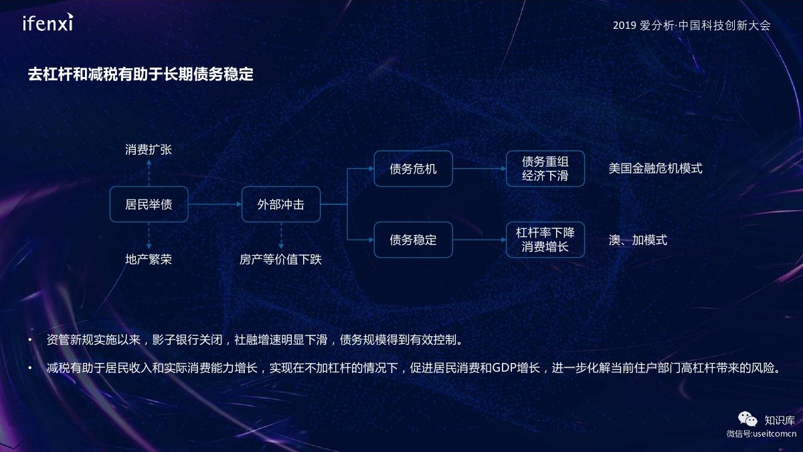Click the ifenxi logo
48,23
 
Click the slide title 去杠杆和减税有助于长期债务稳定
141,74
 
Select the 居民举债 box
149,204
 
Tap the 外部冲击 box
281,204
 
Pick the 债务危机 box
413,169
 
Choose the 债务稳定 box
413,240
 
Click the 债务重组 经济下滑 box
545,169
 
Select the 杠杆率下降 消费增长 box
545,240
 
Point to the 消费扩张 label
149,150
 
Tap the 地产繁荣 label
149,259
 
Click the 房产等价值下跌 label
281,259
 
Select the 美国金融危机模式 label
655,169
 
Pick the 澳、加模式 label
638,240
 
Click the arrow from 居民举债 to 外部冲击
215,204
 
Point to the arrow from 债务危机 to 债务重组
479,169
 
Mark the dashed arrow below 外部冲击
281,236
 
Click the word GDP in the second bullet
504,368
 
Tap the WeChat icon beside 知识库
747,420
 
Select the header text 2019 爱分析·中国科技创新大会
691,25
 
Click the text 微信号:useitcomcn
761,434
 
